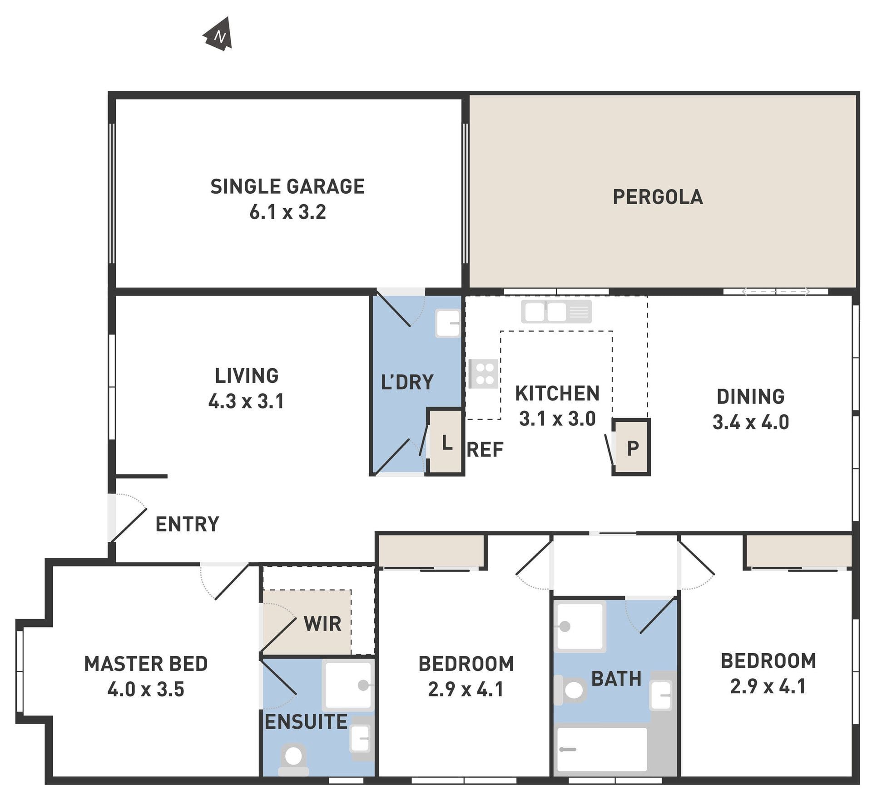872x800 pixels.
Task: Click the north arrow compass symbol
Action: [218, 35]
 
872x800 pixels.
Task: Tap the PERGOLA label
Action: [658, 197]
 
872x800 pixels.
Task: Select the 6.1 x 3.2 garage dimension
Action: [287, 212]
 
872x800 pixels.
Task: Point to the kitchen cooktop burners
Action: [483, 374]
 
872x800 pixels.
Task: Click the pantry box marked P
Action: [631, 447]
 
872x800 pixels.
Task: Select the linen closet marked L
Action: [445, 442]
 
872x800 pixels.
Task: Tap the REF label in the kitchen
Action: [485, 450]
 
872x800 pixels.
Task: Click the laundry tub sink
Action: [448, 323]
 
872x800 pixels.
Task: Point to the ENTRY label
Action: [187, 524]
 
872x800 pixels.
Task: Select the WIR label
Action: [322, 624]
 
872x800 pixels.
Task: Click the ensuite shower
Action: [348, 686]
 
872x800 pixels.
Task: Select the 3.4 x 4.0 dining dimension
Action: [751, 422]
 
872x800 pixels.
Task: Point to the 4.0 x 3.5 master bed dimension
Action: [146, 689]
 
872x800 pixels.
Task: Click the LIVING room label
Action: [247, 375]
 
